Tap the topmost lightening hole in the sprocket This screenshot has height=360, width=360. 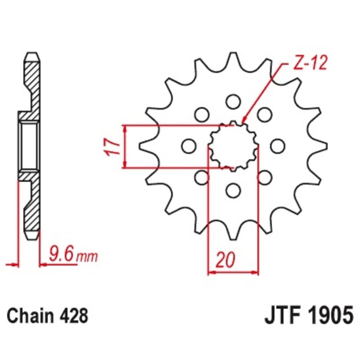coord(233,101)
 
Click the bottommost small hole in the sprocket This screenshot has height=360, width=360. coord(233,191)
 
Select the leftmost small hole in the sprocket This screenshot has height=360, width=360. coord(188,145)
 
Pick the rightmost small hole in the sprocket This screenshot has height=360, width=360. coord(278,145)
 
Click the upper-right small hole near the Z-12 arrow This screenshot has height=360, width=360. coord(264,114)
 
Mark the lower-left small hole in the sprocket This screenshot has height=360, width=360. coord(202,177)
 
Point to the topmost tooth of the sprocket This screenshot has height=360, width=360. coord(233,58)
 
